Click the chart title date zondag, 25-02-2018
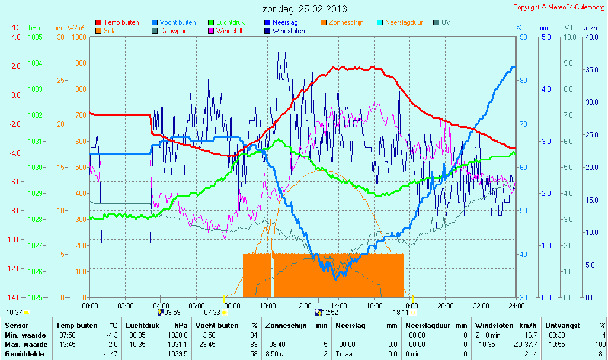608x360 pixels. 305,9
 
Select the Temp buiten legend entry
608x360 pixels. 121,22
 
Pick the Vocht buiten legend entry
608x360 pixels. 177,22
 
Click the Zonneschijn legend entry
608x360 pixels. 345,22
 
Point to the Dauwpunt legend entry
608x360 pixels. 174,31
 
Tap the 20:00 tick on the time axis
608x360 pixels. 445,306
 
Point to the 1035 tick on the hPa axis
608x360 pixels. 35,37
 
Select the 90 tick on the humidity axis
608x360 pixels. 523,37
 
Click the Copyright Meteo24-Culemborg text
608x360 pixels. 559,7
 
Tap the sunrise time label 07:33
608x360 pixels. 212,313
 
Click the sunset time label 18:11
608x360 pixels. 401,313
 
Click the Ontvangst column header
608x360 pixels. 562,325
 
